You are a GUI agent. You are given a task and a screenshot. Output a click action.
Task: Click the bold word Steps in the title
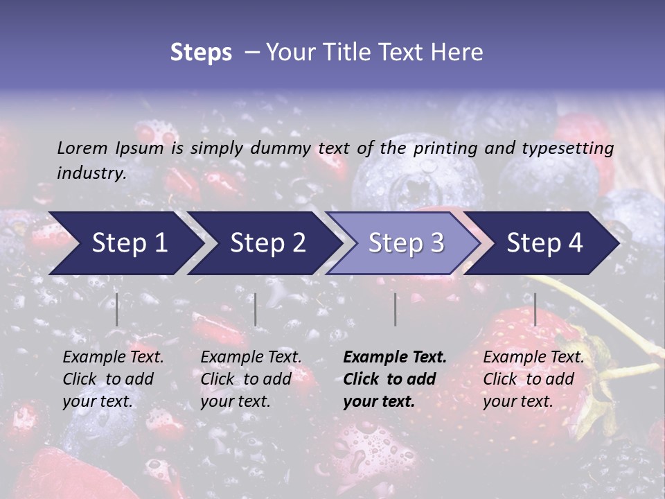201,53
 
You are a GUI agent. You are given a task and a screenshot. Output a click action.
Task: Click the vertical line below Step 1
117,309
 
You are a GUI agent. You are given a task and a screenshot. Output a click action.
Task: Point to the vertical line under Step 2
256,309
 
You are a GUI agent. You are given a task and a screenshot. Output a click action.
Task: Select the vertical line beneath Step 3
396,309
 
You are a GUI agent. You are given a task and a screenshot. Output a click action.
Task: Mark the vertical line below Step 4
535,309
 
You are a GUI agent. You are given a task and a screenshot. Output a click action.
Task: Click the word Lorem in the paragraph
82,148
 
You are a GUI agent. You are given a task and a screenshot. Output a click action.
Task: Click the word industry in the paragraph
91,173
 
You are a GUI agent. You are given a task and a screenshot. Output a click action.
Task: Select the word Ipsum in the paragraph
140,148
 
